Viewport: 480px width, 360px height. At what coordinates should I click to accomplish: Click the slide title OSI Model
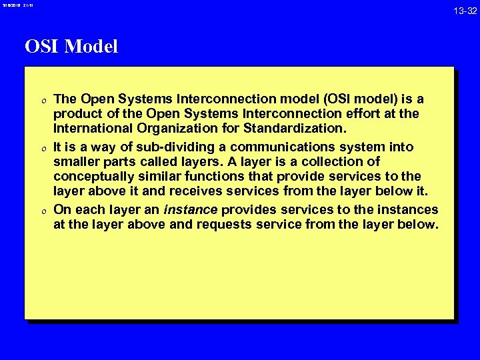[x=71, y=47]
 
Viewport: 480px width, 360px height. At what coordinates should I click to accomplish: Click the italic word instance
[x=191, y=209]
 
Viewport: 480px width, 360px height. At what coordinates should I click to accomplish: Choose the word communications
[x=282, y=147]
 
